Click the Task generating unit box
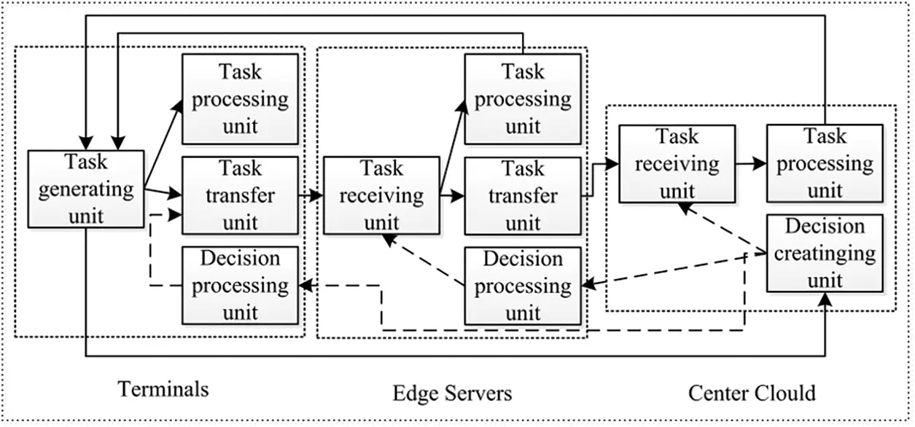pyautogui.click(x=85, y=189)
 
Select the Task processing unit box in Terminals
pyautogui.click(x=240, y=98)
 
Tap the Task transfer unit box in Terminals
pyautogui.click(x=240, y=195)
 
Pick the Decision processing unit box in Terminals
pyautogui.click(x=240, y=286)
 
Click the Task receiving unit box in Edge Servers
pyautogui.click(x=381, y=195)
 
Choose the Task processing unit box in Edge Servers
pyautogui.click(x=523, y=98)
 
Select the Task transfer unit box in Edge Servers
pyautogui.click(x=523, y=195)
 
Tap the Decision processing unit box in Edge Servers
pyautogui.click(x=523, y=286)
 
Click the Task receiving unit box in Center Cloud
pyautogui.click(x=677, y=164)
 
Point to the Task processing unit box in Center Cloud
pyautogui.click(x=825, y=164)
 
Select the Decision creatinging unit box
pyautogui.click(x=825, y=254)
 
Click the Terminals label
pyautogui.click(x=163, y=389)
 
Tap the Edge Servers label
pyautogui.click(x=452, y=393)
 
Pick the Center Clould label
pyautogui.click(x=752, y=393)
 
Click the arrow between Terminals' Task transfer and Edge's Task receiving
pyautogui.click(x=311, y=195)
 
